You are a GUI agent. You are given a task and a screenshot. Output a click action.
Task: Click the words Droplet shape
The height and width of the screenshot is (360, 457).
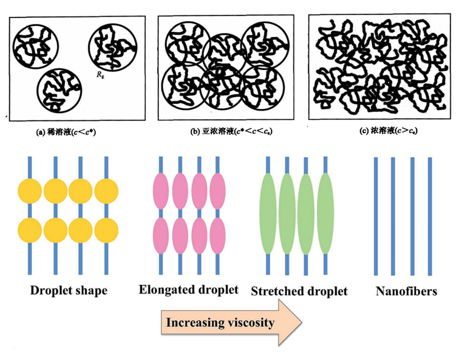pyautogui.click(x=68, y=290)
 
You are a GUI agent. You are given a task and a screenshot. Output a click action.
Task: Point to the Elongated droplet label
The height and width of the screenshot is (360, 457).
pyautogui.click(x=188, y=290)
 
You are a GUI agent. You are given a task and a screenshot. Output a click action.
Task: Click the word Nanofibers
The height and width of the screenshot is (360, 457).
pyautogui.click(x=406, y=291)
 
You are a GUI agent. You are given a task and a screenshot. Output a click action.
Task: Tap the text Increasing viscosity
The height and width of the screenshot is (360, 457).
pyautogui.click(x=220, y=322)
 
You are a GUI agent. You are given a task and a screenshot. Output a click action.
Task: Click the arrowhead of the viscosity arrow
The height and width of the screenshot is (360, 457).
pyautogui.click(x=290, y=322)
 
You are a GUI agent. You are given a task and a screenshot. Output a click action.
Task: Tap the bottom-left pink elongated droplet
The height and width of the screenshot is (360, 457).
pyautogui.click(x=161, y=235)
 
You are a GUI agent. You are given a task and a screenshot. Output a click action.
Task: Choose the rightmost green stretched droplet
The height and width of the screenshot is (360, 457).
pyautogui.click(x=325, y=213)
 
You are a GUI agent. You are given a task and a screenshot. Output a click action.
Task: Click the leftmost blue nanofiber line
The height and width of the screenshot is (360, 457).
pyautogui.click(x=376, y=216)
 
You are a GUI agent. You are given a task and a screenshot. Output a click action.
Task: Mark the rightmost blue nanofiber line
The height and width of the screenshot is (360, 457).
pyautogui.click(x=430, y=216)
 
